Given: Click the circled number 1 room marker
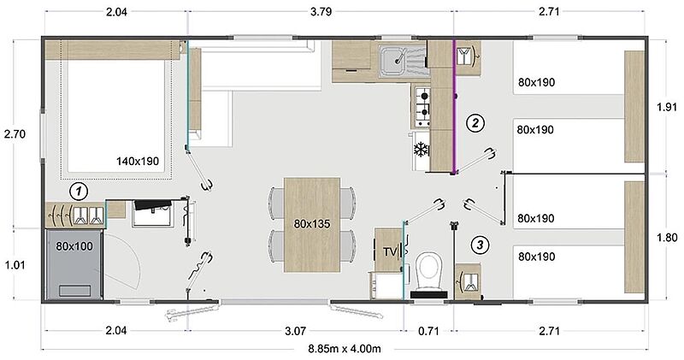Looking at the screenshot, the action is tap(79, 192).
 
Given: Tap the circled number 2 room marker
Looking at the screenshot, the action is tap(475, 123).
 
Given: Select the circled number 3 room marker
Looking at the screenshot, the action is tap(480, 245).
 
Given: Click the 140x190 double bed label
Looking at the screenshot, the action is tap(138, 161).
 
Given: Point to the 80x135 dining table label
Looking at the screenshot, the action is tap(312, 224).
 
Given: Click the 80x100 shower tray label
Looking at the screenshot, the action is tap(74, 246).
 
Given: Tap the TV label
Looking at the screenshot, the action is tap(390, 251).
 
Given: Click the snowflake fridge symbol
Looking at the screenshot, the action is tap(421, 150).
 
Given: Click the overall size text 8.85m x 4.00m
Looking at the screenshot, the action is tap(345, 349).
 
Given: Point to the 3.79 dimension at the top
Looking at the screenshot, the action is tap(321, 12).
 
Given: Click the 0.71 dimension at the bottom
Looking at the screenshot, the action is tap(428, 331).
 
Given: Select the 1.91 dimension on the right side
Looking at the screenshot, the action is tap(667, 108).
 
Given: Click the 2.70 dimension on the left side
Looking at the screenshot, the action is tap(15, 134).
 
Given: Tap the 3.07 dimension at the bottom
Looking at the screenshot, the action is tap(295, 331).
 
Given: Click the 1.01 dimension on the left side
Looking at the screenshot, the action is tap(15, 265).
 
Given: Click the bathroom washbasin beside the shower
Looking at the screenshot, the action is tap(153, 213).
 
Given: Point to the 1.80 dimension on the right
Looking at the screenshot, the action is tap(667, 238).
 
